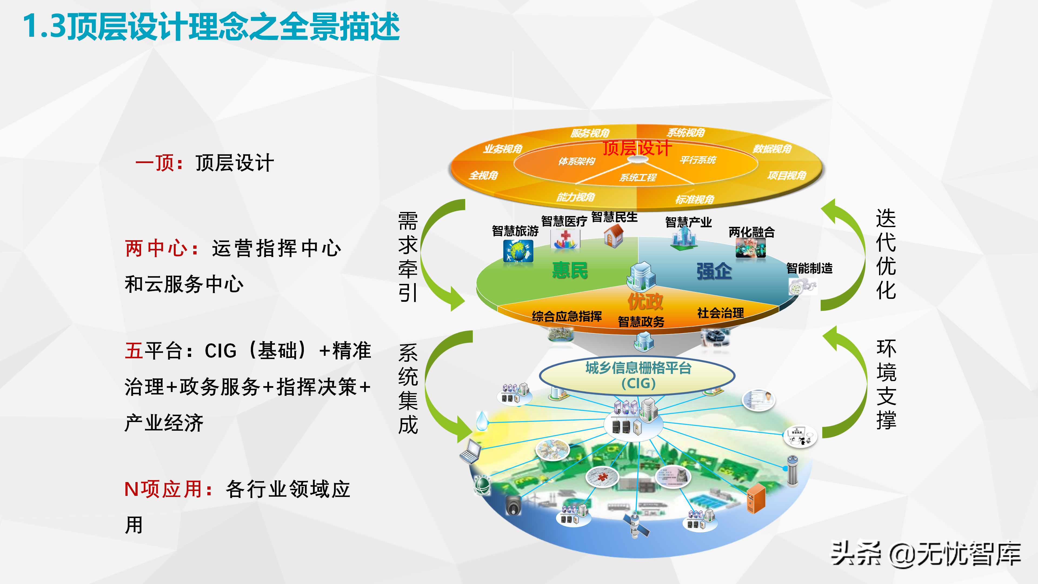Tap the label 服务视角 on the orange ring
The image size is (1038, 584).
pyautogui.click(x=590, y=133)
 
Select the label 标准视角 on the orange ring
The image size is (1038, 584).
pyautogui.click(x=695, y=199)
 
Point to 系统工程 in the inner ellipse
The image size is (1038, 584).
pyautogui.click(x=638, y=177)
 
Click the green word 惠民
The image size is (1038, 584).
pyautogui.click(x=570, y=270)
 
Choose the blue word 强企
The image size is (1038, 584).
pyautogui.click(x=714, y=271)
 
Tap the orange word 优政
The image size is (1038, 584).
pyautogui.click(x=645, y=301)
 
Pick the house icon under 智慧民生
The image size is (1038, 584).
pyautogui.click(x=613, y=235)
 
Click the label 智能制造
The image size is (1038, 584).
pyautogui.click(x=809, y=268)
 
